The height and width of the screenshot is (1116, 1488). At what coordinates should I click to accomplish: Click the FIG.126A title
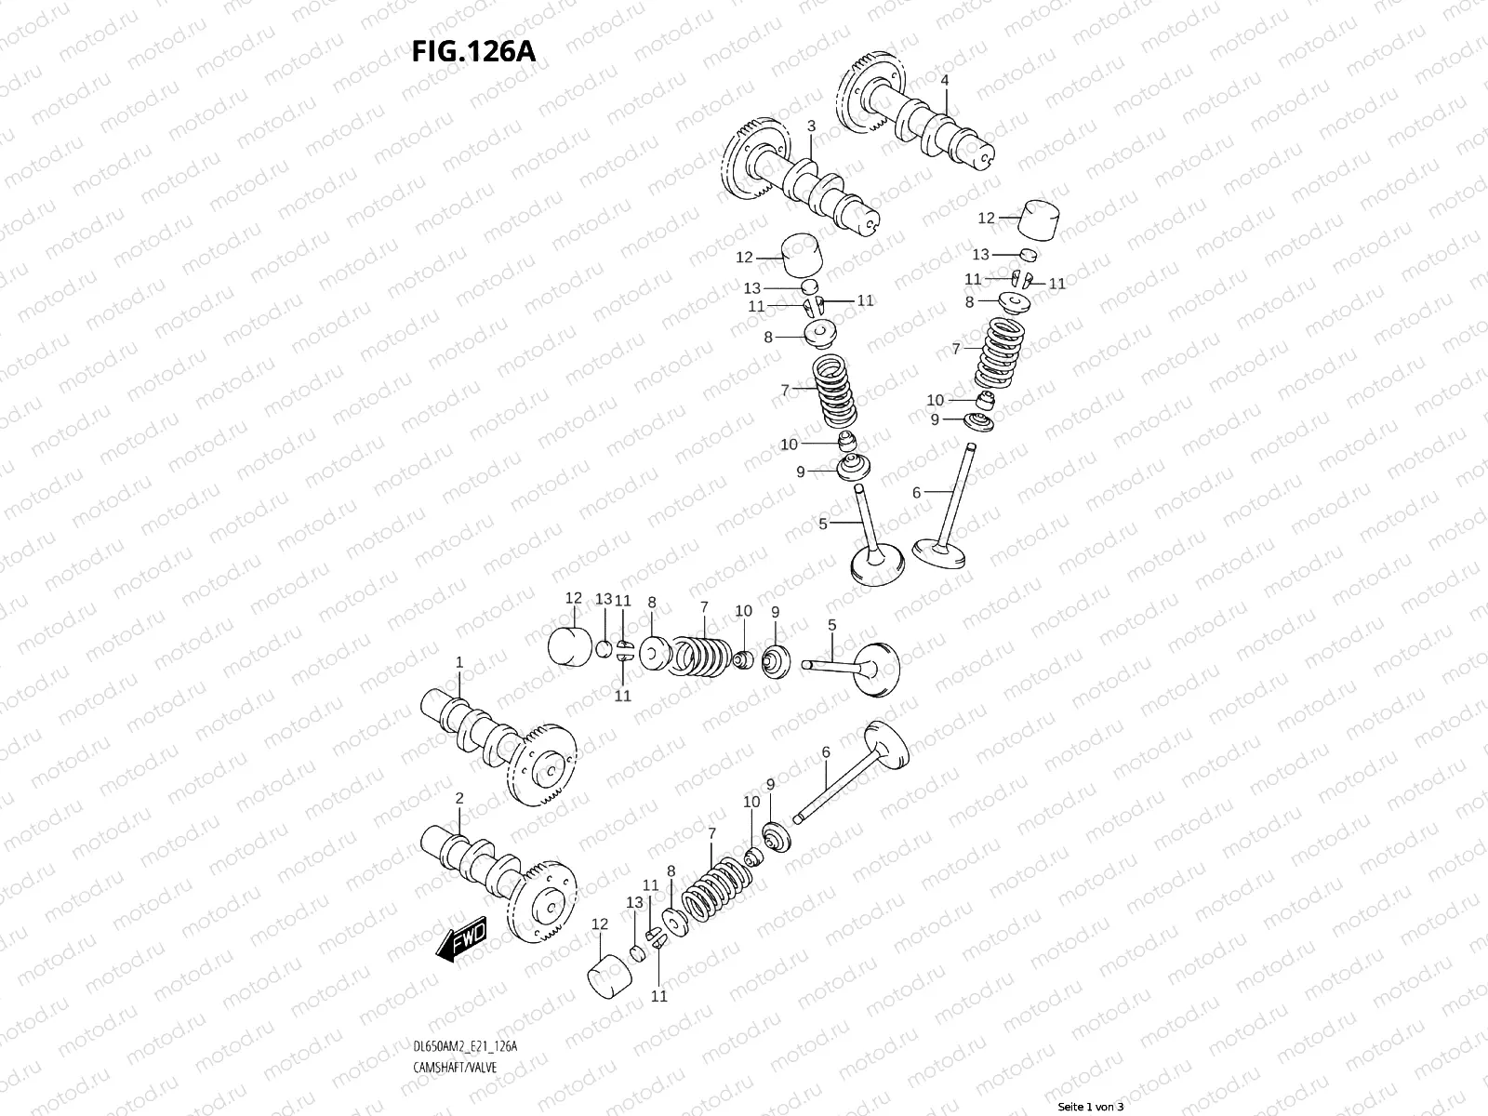[473, 51]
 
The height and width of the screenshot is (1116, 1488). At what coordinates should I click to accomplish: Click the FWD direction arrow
[461, 945]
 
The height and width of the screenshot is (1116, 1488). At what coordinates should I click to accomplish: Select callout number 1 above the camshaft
[458, 662]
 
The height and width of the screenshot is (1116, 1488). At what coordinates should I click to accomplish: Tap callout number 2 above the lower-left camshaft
[458, 798]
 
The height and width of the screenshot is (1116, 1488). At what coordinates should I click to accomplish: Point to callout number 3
[811, 126]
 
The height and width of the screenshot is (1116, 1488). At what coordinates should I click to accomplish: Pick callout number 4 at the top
[945, 81]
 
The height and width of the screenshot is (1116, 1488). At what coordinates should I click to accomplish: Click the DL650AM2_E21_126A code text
[464, 995]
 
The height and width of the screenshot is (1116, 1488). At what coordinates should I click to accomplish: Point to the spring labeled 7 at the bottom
[715, 890]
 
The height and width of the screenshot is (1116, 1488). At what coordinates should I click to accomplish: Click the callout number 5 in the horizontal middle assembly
[831, 625]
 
